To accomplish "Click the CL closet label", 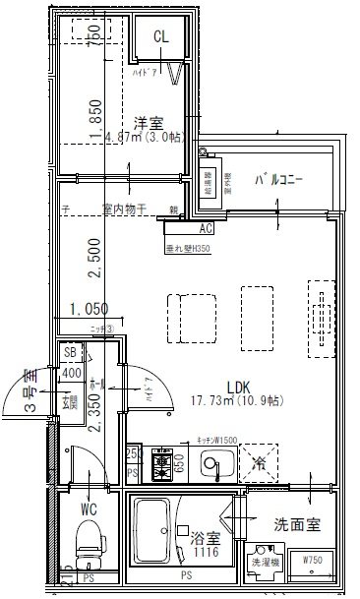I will click(160, 36).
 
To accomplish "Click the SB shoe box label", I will click(70, 352).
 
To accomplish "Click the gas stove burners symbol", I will click(161, 462).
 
